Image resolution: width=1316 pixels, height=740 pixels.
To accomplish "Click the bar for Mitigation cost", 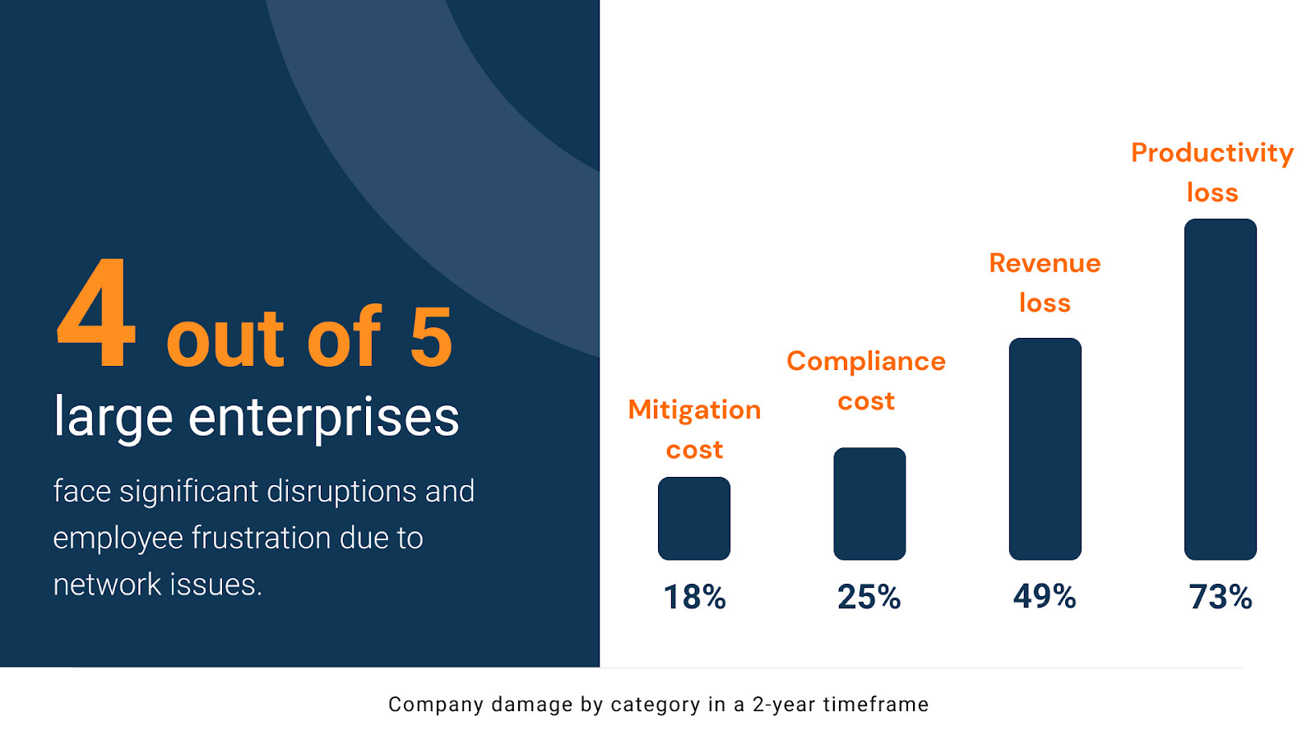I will pos(694,519).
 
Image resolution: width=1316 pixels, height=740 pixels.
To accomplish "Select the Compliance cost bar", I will pos(869,504).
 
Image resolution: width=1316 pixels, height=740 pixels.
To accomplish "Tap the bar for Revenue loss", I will pos(1045,449).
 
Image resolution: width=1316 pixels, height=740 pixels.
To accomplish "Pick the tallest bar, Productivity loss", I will pos(1221,389).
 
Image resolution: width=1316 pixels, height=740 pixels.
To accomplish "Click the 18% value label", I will pos(694,597).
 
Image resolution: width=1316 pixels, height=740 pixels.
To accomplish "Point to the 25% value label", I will pos(869,597).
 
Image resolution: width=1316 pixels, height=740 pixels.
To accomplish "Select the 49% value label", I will pos(1045,596).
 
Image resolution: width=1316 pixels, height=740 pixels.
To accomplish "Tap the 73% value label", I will pos(1221,597).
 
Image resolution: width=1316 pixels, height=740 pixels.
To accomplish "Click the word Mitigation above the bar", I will pos(694,409).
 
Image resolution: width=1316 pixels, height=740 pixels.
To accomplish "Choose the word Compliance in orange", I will pos(866,362).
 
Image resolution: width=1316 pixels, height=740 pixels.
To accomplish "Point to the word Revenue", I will pos(1045,263).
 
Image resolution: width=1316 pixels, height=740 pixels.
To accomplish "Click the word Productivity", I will pos(1212,154).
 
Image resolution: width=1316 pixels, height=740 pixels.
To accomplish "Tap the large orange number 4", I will pos(97,313).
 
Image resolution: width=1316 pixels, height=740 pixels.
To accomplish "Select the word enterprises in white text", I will pos(323,418).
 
